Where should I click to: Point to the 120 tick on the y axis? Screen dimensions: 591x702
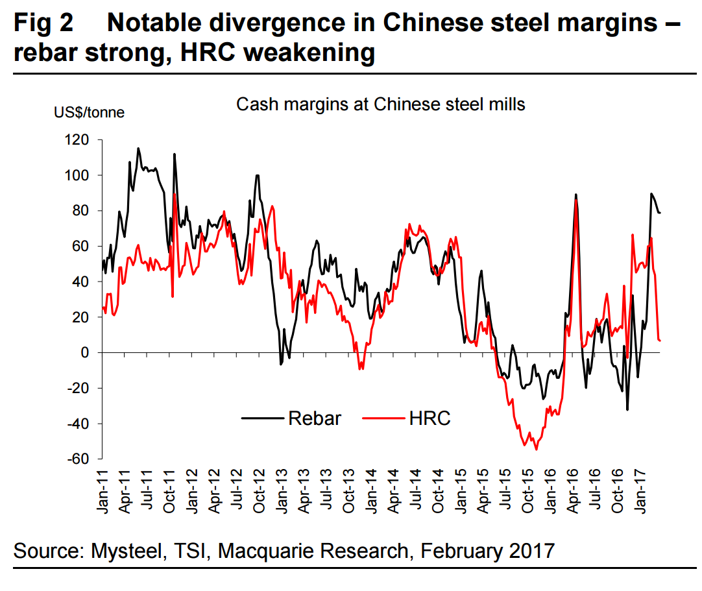point(82,140)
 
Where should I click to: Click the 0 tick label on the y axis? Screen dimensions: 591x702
point(90,353)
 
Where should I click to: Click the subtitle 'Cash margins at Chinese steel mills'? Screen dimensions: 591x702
point(380,104)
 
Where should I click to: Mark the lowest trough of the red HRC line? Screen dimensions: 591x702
point(536,449)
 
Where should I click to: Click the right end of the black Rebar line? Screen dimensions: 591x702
point(660,213)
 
